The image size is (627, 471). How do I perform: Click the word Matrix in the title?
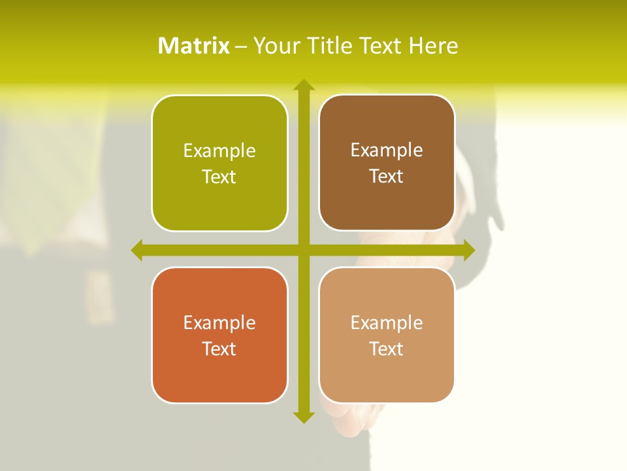click(x=194, y=46)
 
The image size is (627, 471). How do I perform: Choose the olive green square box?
click(x=219, y=163)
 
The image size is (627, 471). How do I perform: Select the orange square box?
click(x=219, y=335)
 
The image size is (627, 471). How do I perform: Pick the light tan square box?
click(x=387, y=335)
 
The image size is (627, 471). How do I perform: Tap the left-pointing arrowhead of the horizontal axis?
click(x=137, y=250)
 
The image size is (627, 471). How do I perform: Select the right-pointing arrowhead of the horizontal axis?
click(x=469, y=250)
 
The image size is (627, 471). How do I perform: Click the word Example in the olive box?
click(x=219, y=151)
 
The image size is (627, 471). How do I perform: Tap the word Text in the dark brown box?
click(x=387, y=177)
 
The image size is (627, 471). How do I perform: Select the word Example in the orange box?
click(x=219, y=323)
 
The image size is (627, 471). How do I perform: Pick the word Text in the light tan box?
click(x=387, y=349)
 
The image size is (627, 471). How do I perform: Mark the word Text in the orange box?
click(x=219, y=349)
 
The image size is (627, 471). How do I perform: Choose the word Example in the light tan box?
click(x=387, y=323)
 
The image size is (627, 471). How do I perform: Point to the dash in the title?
click(x=241, y=46)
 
